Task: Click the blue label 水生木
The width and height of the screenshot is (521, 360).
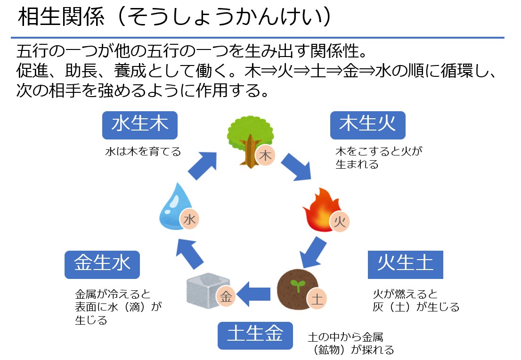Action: [x=140, y=125]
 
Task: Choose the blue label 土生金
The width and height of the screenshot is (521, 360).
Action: [x=255, y=335]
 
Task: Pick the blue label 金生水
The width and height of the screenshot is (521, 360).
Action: [x=102, y=264]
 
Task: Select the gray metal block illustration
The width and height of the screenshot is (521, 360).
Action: [x=204, y=289]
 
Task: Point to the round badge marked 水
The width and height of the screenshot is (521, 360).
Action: [x=189, y=219]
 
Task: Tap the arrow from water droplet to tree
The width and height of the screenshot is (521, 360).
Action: [x=203, y=165]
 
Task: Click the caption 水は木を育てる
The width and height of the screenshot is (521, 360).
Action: [x=143, y=152]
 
